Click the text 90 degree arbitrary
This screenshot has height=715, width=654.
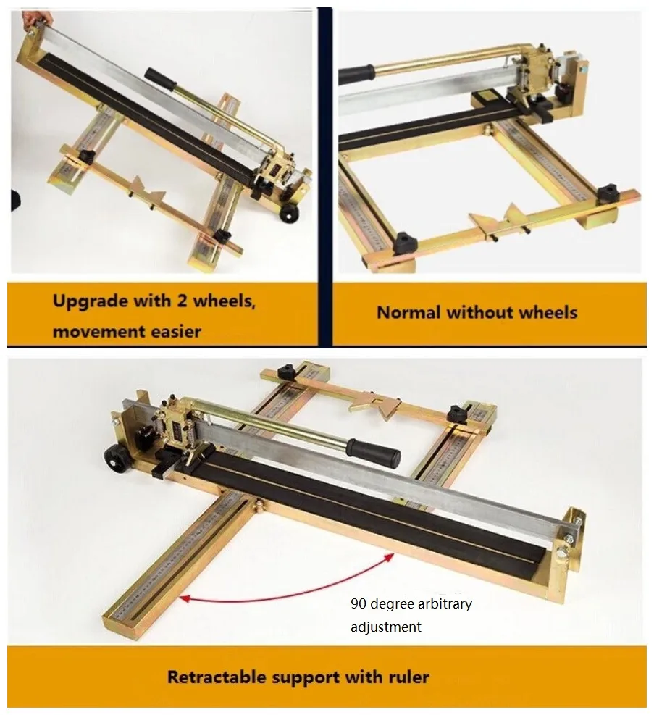[x=411, y=603]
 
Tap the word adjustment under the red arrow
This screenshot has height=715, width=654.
[x=386, y=627]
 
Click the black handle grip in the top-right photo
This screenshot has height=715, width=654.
[x=356, y=75]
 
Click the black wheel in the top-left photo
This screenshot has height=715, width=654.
[x=288, y=213]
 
